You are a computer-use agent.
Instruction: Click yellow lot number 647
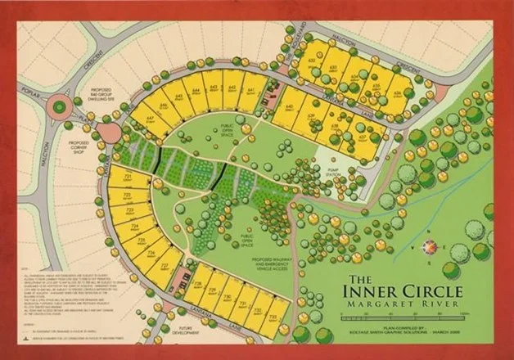point(150,119)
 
